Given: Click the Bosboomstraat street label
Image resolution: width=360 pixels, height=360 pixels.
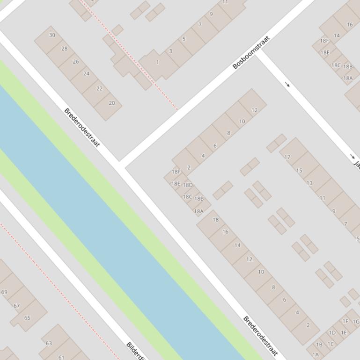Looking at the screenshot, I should (x=252, y=52).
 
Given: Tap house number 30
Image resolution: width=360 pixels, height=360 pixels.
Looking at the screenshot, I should (x=52, y=35).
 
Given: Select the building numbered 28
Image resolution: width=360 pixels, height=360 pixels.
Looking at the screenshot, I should (x=64, y=49).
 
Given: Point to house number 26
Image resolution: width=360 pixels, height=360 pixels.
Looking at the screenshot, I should (x=75, y=61).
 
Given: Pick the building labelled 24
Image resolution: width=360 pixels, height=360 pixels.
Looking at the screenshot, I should (x=86, y=73).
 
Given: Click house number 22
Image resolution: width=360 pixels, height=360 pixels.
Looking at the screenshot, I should (x=99, y=88).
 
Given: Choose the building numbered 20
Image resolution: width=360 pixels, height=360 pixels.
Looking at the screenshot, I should (x=111, y=103).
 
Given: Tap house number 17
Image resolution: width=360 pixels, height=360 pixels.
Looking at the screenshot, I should (x=287, y=157).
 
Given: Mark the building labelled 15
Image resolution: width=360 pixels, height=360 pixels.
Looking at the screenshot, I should (x=299, y=170).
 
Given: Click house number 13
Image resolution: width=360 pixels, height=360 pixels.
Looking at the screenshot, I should (x=309, y=183).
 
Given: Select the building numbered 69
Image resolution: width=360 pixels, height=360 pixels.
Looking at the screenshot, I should (x=5, y=292).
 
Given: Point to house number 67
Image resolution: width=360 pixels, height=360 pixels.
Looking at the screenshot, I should (x=17, y=306).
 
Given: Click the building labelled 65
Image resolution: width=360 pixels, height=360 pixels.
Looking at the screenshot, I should (x=27, y=318).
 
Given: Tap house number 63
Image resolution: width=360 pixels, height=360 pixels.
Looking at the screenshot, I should (x=49, y=343).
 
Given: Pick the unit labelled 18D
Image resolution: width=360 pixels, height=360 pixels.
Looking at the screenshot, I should (x=188, y=185).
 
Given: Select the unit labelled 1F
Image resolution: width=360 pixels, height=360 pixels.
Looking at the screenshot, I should (x=345, y=321).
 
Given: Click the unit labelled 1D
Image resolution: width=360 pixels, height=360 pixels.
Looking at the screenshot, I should (x=332, y=333).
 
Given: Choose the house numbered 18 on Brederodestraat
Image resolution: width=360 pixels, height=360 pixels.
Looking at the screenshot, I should (x=215, y=220).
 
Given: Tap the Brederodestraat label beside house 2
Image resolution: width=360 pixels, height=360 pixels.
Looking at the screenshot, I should (x=260, y=336).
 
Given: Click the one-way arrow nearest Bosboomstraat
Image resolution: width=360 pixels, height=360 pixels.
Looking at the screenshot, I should (x=287, y=85).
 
